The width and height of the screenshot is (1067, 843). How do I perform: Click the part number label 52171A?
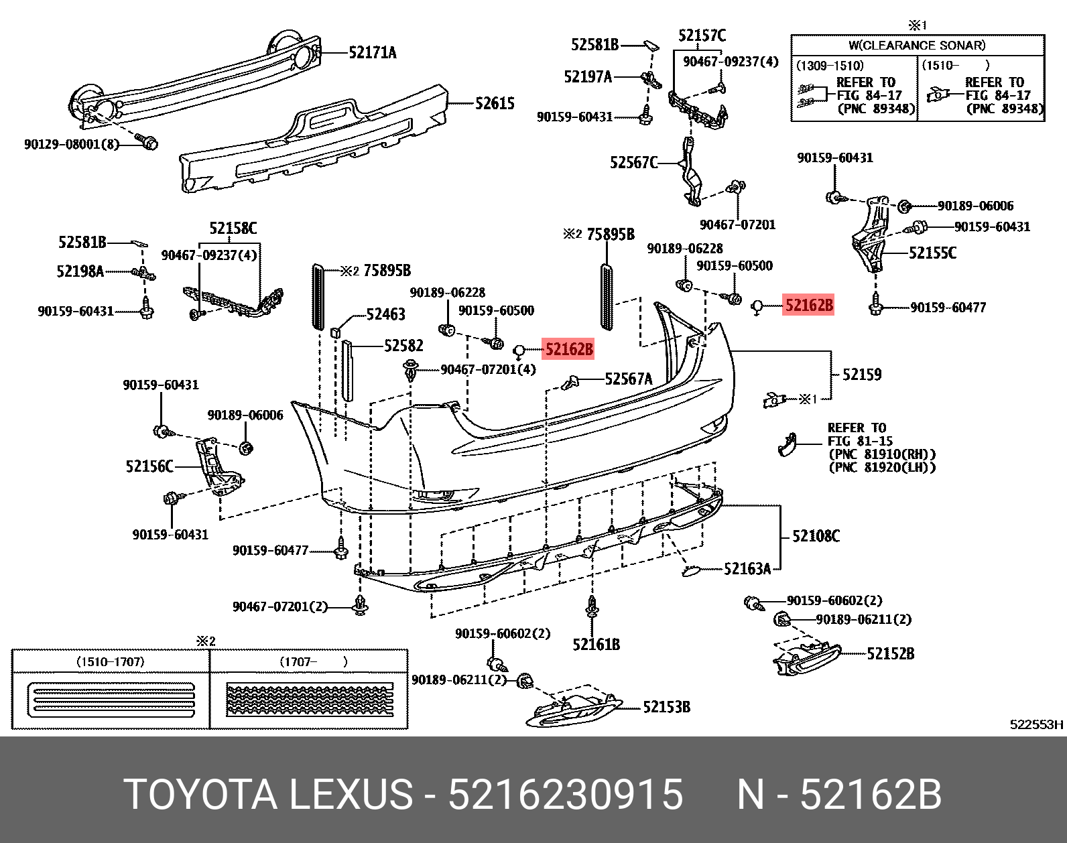372,52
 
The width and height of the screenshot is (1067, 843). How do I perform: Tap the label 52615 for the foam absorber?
495,103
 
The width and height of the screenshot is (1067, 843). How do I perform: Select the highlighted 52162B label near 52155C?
808,306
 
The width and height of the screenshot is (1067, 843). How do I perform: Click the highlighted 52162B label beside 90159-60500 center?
568,349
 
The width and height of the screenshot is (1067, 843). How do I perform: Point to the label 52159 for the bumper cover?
861,375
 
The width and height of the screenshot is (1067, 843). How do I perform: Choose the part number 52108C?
816,536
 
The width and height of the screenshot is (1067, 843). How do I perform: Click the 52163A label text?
747,569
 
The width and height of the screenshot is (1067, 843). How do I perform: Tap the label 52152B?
890,653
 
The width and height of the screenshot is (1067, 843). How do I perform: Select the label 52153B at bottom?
666,707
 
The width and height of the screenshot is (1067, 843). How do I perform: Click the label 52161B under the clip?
596,645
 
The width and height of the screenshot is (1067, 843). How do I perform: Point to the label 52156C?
149,466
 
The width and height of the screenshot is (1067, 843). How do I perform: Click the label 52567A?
628,379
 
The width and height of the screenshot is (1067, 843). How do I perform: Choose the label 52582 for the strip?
403,346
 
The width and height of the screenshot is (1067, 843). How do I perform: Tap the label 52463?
385,314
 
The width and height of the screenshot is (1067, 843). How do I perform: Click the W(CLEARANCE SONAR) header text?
917,46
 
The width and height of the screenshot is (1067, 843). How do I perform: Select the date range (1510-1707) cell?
110,662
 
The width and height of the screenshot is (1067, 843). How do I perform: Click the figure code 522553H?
1036,724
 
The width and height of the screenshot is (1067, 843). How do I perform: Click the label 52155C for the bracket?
932,253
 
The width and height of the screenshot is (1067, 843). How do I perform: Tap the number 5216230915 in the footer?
565,795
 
